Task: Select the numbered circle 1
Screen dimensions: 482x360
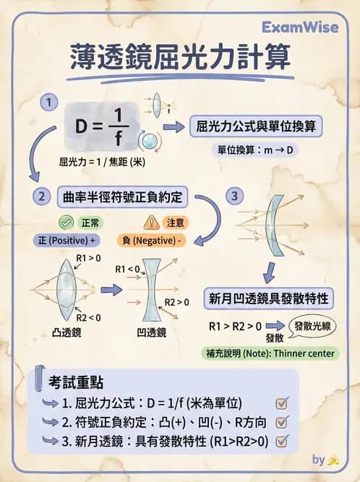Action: [x=48, y=103]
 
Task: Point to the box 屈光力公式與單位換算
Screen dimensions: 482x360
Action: [x=255, y=127]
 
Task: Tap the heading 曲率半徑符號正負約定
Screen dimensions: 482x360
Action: [x=121, y=196]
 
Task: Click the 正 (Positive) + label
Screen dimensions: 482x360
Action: [x=65, y=240]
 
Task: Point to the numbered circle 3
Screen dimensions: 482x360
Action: [x=233, y=195]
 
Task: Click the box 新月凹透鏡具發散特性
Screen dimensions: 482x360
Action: [x=270, y=298]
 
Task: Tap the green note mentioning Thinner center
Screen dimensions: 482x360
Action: [x=268, y=353]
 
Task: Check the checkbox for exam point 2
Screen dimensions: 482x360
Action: [x=282, y=421]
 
